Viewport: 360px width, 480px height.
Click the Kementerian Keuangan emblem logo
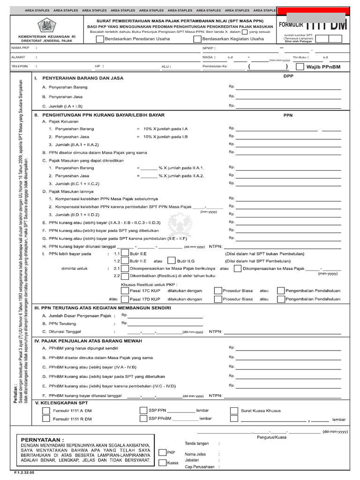(x=46, y=25)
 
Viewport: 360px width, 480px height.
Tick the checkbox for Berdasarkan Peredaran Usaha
(x=100, y=39)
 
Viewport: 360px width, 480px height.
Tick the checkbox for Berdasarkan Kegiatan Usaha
(x=197, y=39)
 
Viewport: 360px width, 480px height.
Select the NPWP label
(x=208, y=48)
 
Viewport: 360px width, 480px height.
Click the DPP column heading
(x=288, y=76)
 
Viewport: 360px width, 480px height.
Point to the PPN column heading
(x=288, y=115)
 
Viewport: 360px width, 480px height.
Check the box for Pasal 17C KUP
(x=124, y=291)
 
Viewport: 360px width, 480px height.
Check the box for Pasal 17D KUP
(x=124, y=299)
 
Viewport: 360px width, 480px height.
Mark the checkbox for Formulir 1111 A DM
(x=46, y=411)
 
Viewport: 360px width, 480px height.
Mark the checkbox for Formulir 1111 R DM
(x=46, y=419)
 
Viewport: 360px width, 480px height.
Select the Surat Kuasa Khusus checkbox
(x=234, y=411)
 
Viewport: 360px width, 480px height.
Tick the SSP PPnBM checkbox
(x=143, y=419)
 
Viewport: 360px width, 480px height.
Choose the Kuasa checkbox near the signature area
(x=162, y=463)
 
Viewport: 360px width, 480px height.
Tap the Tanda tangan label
(x=196, y=443)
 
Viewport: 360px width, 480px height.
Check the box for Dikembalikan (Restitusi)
(x=125, y=276)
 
